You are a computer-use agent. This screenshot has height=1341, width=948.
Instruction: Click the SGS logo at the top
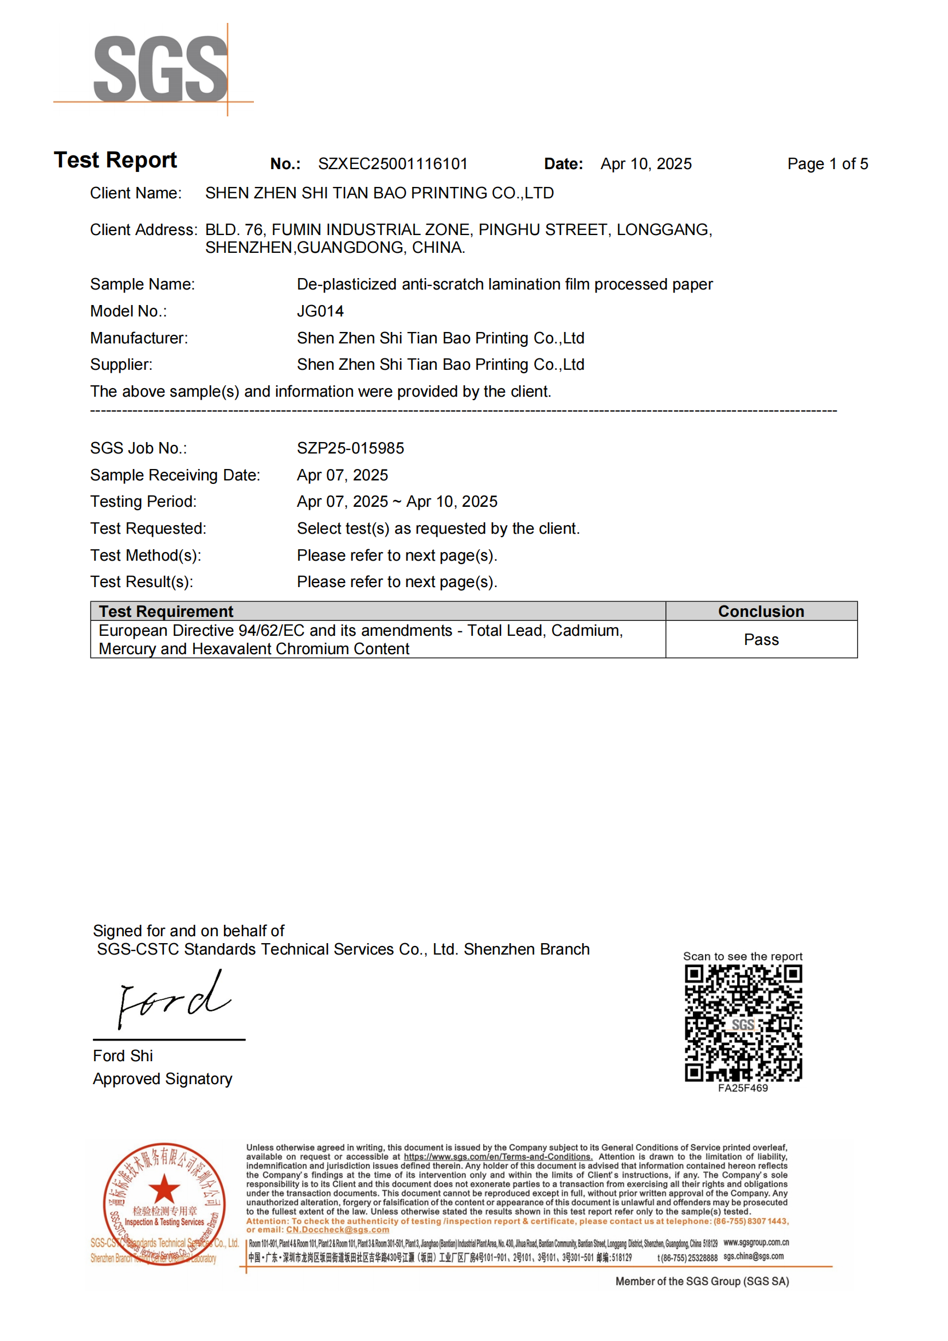(160, 68)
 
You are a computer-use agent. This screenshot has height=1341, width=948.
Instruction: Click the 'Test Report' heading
(115, 160)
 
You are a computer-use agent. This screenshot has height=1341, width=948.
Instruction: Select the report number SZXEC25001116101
(392, 164)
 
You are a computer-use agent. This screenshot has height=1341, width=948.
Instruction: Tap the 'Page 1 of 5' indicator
(827, 164)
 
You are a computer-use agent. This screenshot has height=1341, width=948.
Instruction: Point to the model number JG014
(320, 311)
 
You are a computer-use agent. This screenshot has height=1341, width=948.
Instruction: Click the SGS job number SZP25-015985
(350, 448)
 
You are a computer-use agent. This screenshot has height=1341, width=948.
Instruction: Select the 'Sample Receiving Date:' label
(175, 475)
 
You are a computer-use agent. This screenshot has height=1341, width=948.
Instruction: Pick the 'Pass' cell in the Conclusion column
(761, 640)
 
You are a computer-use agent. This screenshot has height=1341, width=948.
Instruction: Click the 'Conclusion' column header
(761, 612)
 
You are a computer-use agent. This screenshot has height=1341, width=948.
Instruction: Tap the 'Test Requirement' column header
(166, 612)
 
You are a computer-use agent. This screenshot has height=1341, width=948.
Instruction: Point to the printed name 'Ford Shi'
(123, 1056)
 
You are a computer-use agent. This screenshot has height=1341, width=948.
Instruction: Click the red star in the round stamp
(164, 1189)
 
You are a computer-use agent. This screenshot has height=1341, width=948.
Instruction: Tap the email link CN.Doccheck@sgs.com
(338, 1229)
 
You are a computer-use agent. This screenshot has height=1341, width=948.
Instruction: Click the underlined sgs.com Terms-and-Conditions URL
(498, 1156)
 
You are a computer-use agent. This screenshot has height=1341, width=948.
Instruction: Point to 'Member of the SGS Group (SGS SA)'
(702, 1281)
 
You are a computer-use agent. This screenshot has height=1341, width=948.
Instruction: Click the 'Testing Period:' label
(143, 502)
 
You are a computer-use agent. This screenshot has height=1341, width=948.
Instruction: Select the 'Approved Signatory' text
(162, 1079)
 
